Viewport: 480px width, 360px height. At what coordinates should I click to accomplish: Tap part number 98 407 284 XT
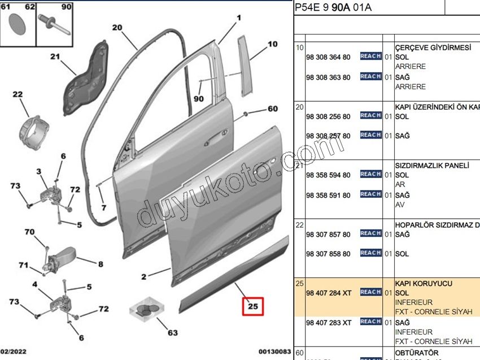[x=328, y=292]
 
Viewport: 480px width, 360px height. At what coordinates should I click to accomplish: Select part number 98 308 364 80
[x=328, y=57]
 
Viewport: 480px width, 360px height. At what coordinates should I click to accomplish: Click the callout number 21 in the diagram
[x=54, y=56]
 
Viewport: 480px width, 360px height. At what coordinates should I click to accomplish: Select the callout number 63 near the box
[x=172, y=332]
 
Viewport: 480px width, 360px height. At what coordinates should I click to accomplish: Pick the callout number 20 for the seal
[x=117, y=27]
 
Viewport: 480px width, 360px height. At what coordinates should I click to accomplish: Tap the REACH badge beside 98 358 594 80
[x=370, y=174]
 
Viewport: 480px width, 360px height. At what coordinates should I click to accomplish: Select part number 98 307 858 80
[x=328, y=254]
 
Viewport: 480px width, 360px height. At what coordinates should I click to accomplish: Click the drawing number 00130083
[x=275, y=352]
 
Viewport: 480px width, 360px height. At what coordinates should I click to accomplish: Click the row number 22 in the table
[x=300, y=225]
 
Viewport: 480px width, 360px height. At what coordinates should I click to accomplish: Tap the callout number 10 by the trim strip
[x=272, y=44]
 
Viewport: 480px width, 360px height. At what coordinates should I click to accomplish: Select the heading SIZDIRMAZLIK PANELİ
[x=432, y=166]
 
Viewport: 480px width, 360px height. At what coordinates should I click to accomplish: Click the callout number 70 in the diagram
[x=29, y=232]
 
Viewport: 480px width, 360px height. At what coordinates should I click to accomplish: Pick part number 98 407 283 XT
[x=328, y=322]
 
